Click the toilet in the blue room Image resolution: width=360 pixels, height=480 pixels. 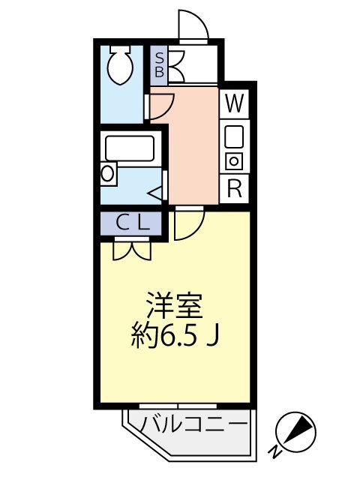click(119, 66)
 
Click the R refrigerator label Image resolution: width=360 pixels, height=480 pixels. click(235, 188)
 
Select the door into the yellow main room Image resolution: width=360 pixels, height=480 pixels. click(188, 223)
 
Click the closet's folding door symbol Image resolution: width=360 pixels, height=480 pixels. click(133, 247)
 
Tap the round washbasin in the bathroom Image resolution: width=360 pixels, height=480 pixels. click(108, 174)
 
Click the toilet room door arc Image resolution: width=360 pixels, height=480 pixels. click(161, 103)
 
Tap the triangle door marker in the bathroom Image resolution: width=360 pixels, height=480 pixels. click(156, 193)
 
